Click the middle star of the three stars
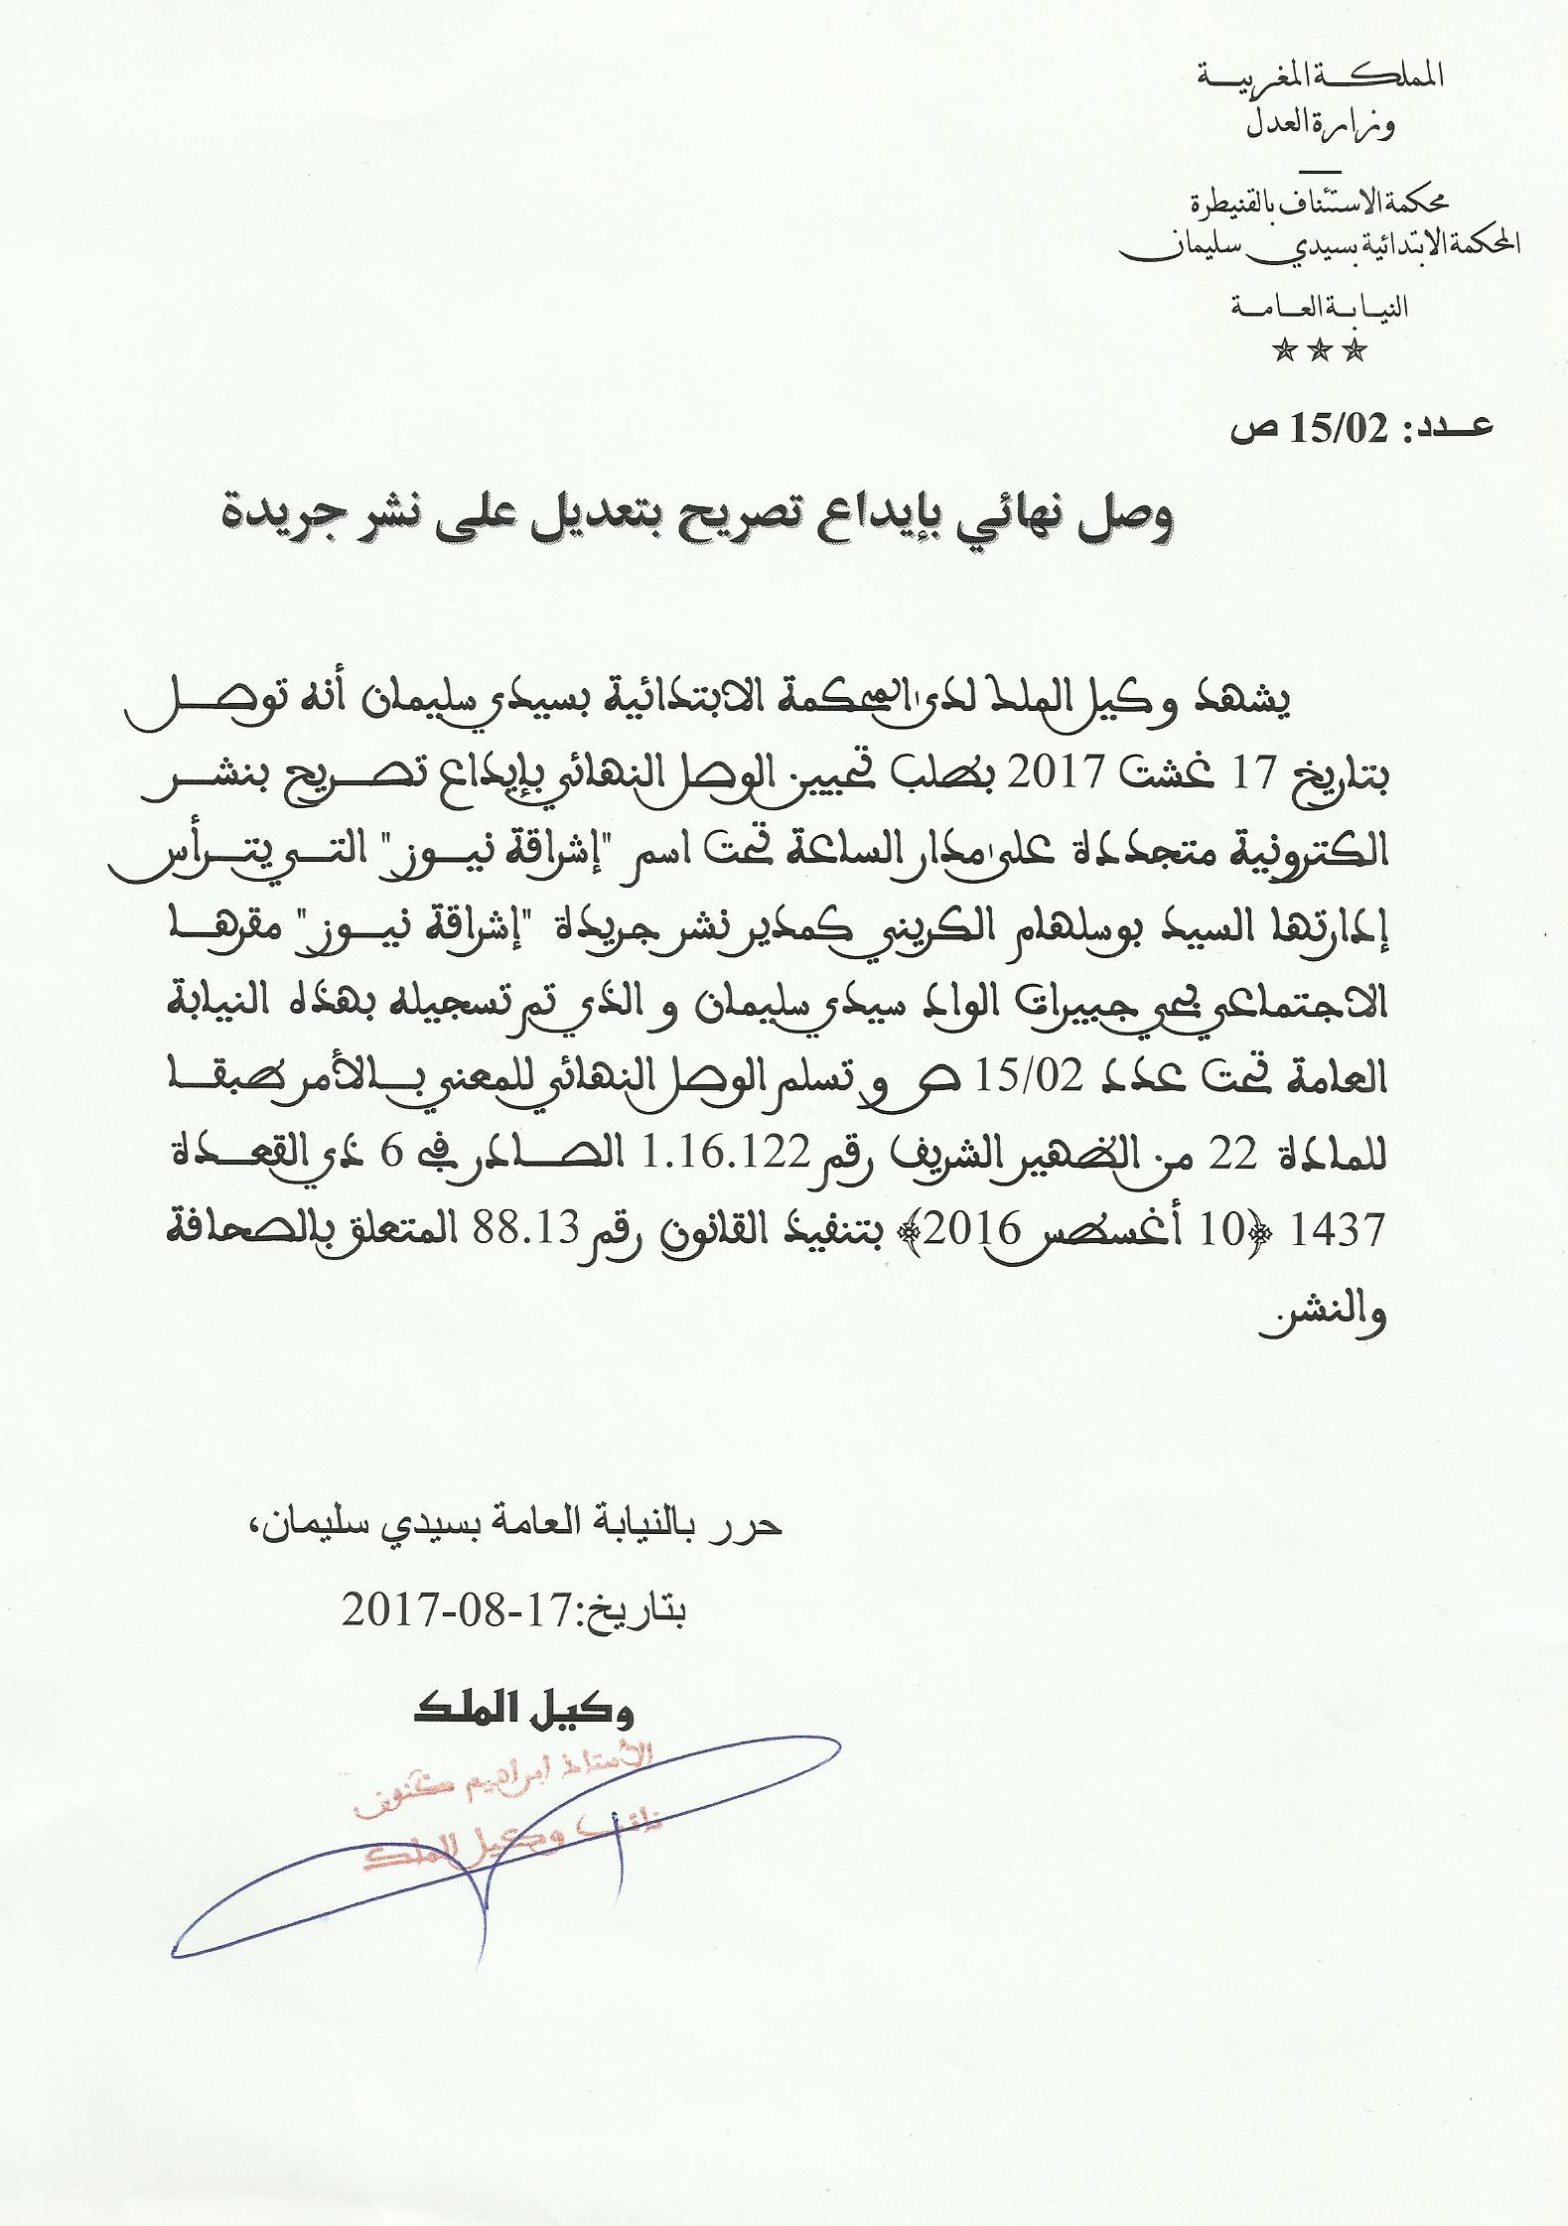tap(1320, 349)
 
